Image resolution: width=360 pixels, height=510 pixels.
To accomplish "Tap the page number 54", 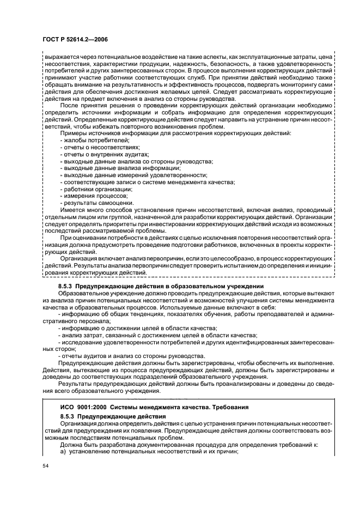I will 46,466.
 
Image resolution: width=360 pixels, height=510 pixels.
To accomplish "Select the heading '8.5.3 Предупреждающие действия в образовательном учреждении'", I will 161,286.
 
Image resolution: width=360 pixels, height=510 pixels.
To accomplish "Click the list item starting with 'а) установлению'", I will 149,451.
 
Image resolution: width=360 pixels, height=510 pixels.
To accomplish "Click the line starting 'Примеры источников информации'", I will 175,133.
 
